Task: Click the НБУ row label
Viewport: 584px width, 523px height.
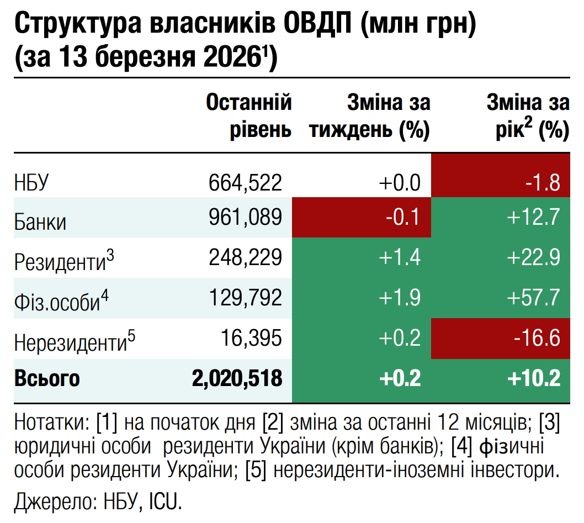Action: click(32, 182)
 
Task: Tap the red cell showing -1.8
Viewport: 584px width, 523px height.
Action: click(500, 176)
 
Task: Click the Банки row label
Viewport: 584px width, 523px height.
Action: click(40, 221)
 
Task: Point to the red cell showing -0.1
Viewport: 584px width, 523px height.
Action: click(362, 218)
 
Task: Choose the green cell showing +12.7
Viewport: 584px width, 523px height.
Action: click(500, 218)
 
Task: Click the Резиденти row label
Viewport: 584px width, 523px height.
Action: click(64, 260)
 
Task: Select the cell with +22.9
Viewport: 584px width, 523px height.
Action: click(500, 258)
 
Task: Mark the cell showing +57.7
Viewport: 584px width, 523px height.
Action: click(500, 298)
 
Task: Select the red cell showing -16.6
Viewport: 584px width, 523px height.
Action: click(500, 338)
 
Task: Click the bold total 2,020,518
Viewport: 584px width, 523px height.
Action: click(237, 379)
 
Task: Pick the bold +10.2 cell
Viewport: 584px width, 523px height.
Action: click(500, 379)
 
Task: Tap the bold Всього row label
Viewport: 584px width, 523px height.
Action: click(47, 379)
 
